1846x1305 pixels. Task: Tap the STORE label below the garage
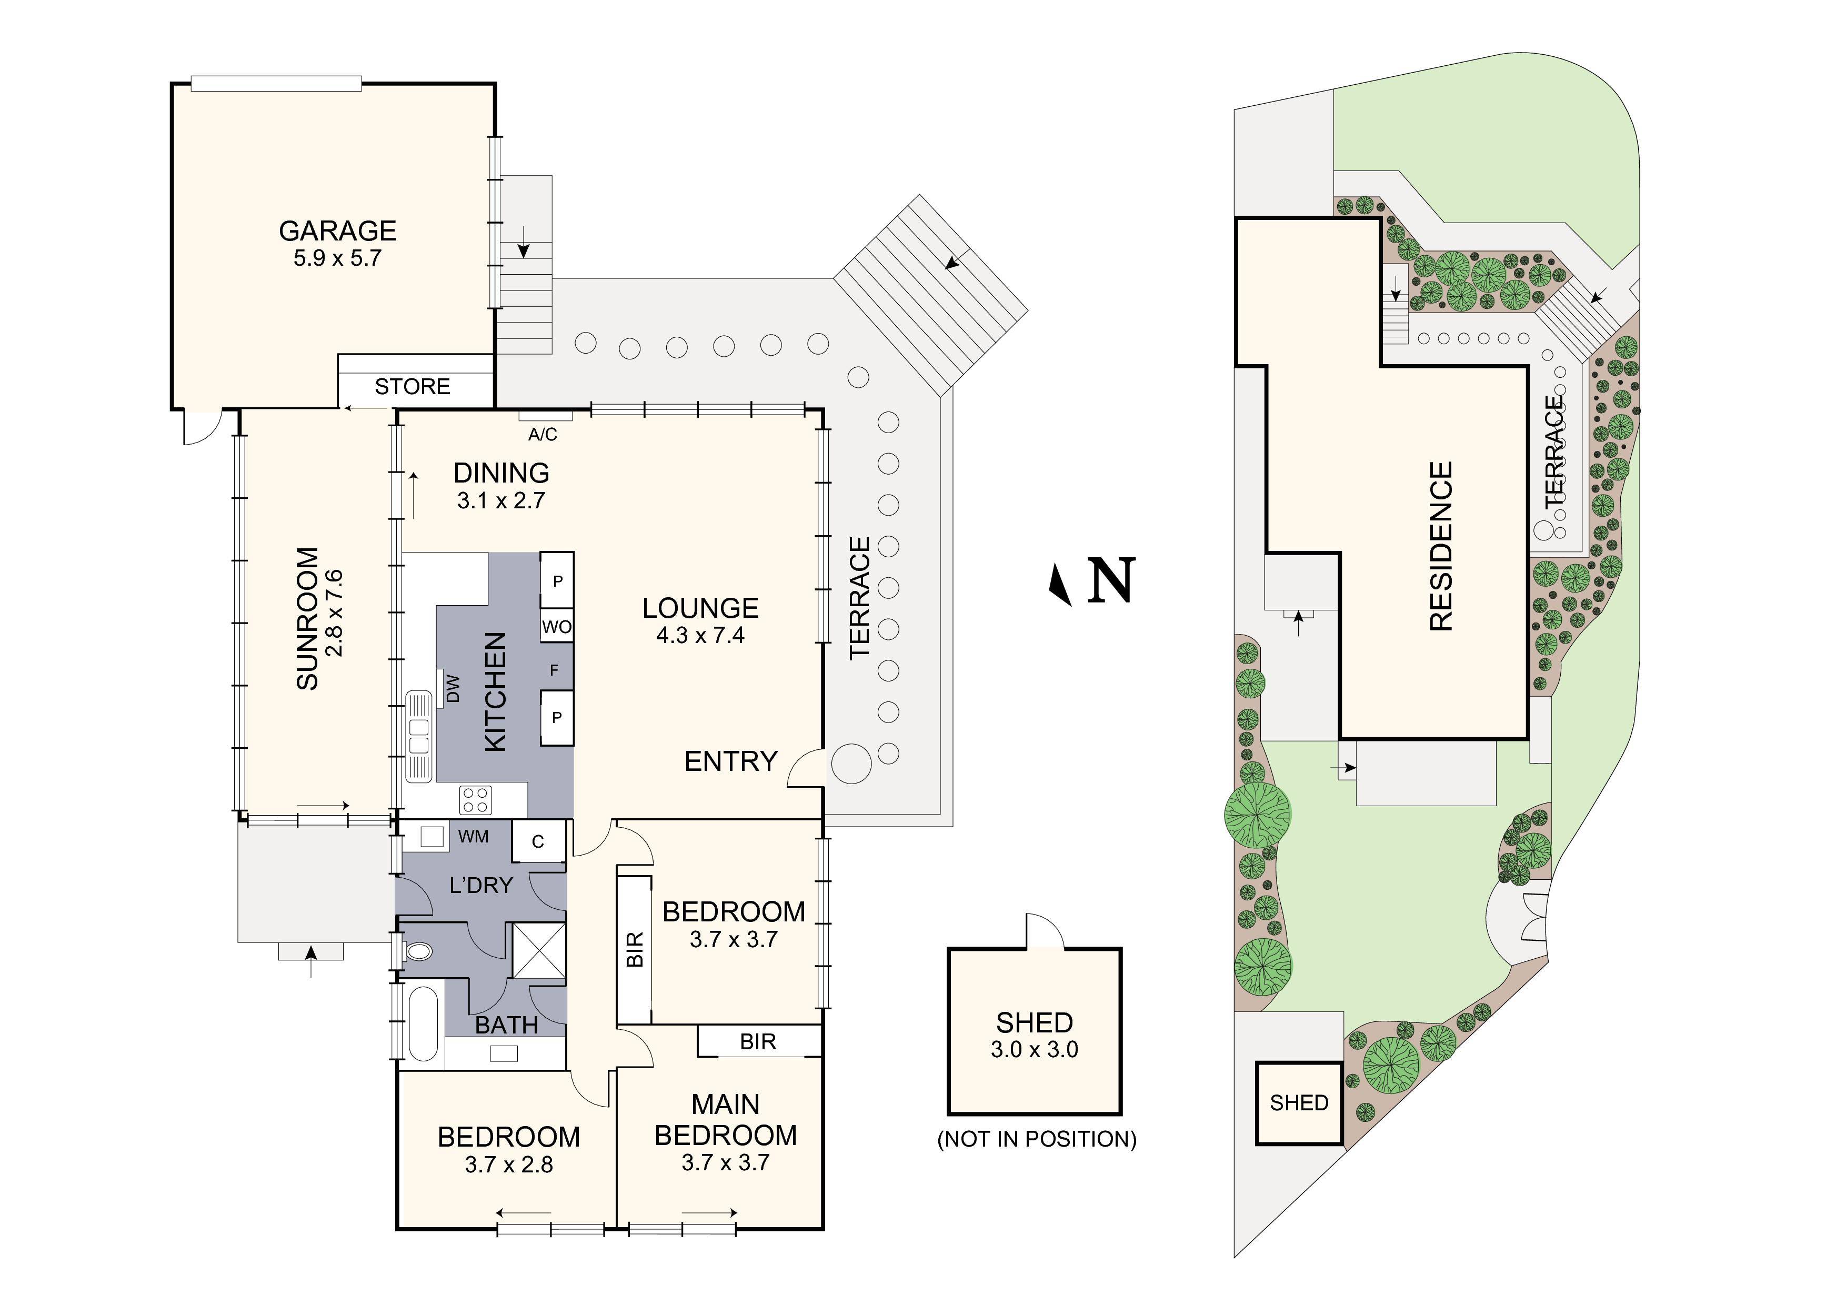coord(413,387)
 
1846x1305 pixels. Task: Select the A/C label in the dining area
coord(543,435)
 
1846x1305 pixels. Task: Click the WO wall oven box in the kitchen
coord(556,626)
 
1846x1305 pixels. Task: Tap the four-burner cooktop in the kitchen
coord(475,800)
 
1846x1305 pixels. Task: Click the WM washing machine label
coord(474,837)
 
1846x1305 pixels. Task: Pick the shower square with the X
coord(539,950)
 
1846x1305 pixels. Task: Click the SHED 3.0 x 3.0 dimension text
coord(1035,1049)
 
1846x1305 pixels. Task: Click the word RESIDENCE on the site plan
coord(1441,546)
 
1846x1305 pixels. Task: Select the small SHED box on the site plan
coord(1299,1103)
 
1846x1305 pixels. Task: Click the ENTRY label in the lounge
coord(731,761)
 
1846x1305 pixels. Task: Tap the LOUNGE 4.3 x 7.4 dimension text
coord(700,635)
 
